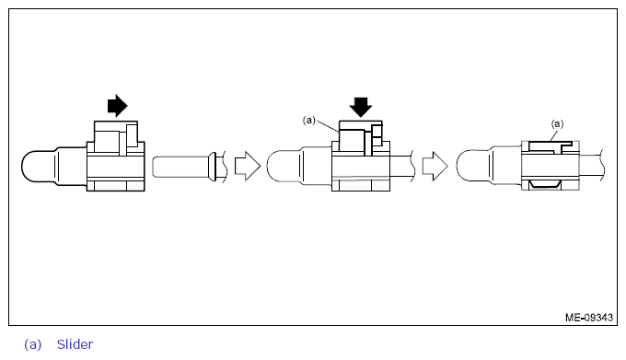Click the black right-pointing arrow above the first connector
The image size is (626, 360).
click(118, 106)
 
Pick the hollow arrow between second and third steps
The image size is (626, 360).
click(435, 167)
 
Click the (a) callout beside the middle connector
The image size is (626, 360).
click(309, 120)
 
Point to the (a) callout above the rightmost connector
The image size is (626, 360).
click(556, 122)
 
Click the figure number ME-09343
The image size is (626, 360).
click(589, 318)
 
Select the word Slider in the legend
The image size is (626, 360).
click(75, 344)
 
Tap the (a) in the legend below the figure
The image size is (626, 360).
click(33, 344)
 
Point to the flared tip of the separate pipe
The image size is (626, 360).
click(214, 167)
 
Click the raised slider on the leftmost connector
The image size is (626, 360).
click(116, 137)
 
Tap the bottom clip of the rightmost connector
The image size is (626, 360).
click(549, 187)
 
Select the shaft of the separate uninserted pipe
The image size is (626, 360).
click(180, 167)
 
